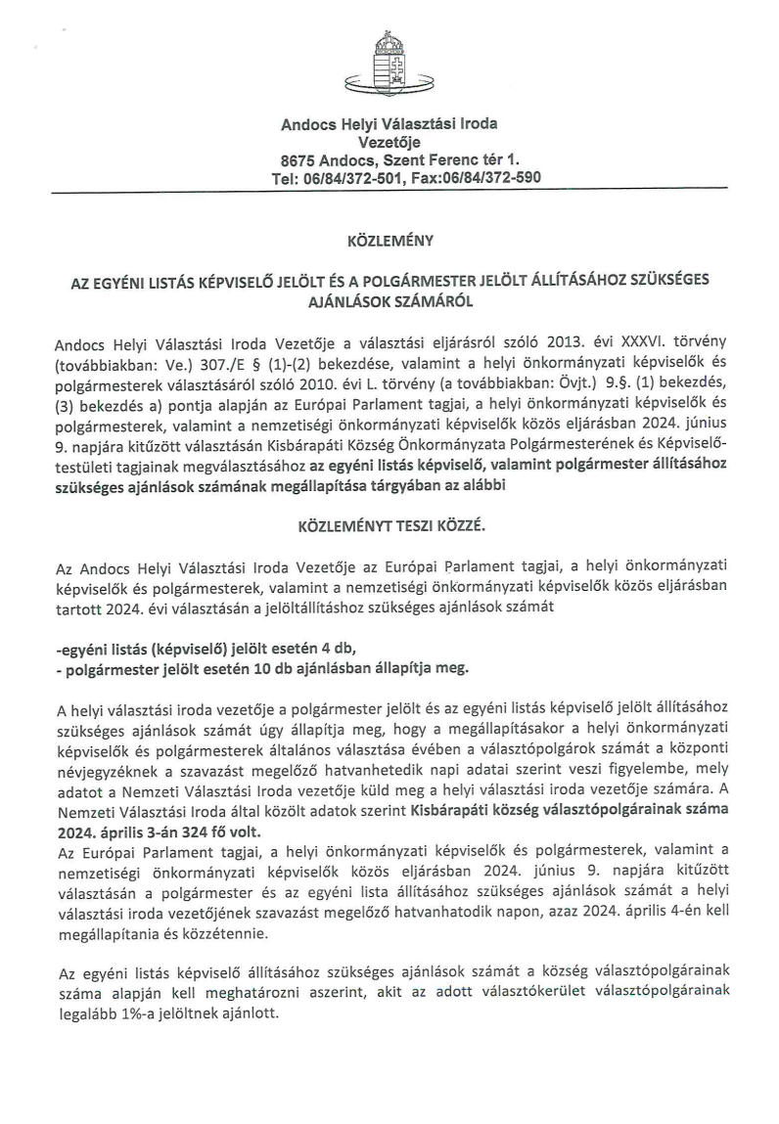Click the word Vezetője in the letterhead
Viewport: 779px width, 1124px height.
pos(389,141)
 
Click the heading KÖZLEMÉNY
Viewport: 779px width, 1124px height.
pos(389,239)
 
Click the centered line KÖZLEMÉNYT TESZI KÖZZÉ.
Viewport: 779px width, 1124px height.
pos(389,526)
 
